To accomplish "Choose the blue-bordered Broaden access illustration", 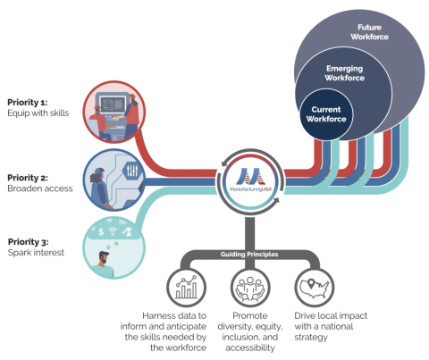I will pos(114,177).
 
